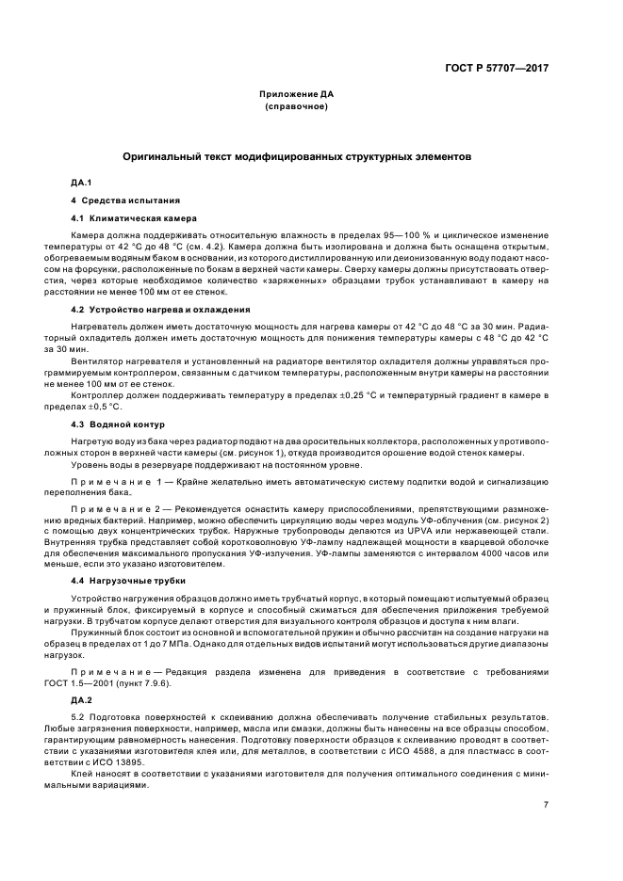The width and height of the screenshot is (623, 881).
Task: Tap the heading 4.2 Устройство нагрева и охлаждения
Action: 147,309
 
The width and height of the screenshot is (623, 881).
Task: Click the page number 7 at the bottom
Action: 546,803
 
